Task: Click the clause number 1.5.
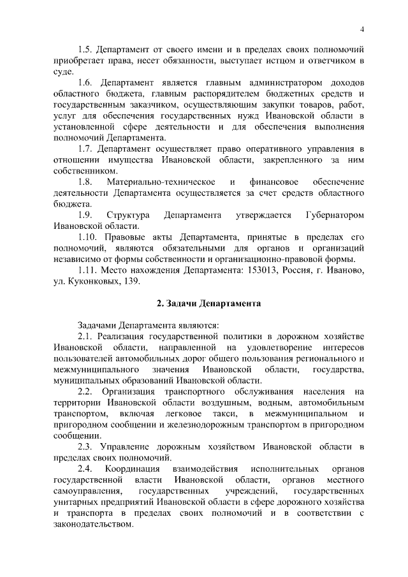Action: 85,50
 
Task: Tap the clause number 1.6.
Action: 85,83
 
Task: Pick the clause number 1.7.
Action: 85,149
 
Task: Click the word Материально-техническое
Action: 161,182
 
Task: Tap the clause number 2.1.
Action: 85,336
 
